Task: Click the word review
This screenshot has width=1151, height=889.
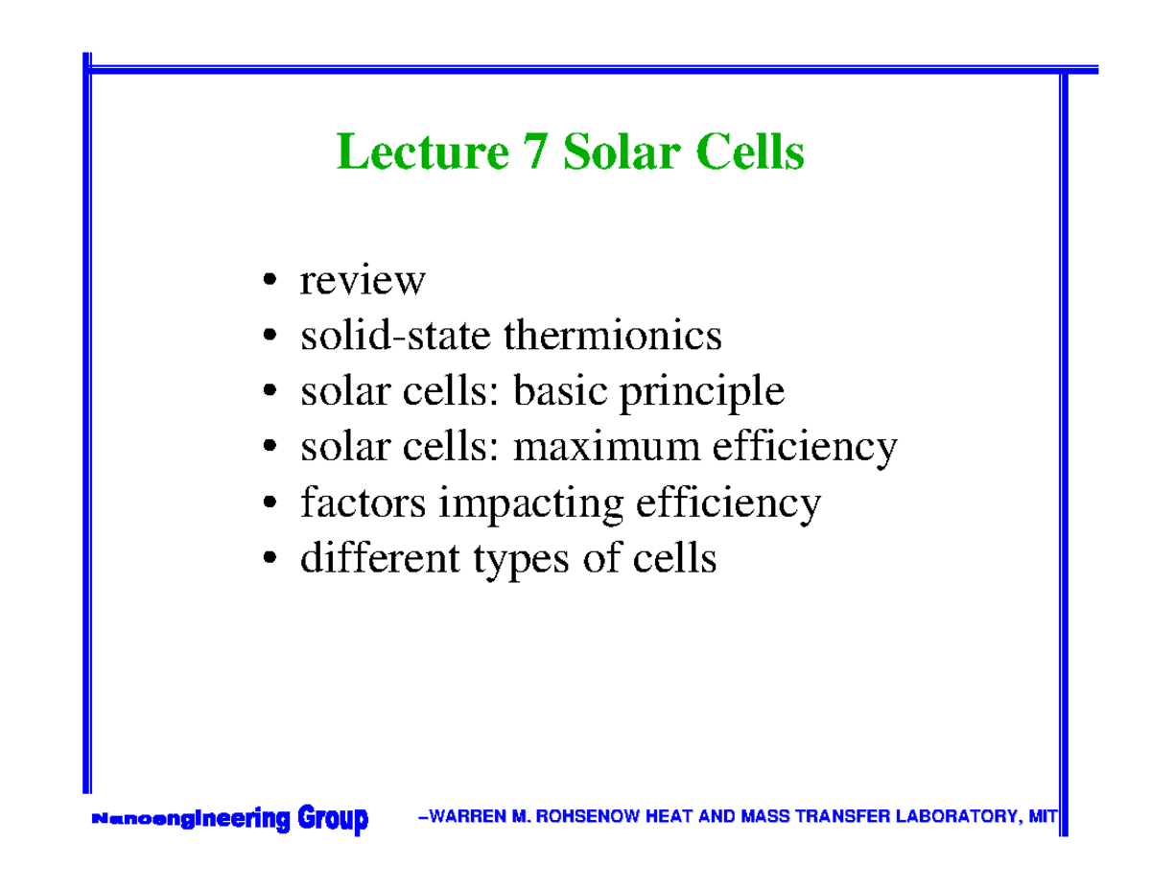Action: point(363,281)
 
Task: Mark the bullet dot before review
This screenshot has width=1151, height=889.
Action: point(271,282)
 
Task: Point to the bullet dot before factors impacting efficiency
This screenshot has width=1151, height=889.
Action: point(271,503)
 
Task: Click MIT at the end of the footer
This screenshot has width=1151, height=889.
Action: point(1042,818)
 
